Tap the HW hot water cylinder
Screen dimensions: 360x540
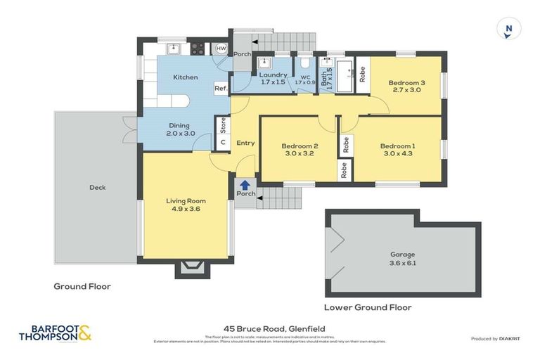[221, 49]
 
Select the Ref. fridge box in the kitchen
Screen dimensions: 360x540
[221, 89]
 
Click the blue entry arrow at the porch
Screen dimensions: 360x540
[245, 185]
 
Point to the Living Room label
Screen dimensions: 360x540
[186, 205]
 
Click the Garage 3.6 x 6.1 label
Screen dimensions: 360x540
[403, 258]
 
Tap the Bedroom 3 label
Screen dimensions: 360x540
[407, 86]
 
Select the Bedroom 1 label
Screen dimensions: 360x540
[397, 150]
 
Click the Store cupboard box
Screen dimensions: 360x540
[223, 125]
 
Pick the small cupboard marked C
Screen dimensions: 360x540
[223, 142]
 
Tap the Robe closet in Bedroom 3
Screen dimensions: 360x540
[362, 74]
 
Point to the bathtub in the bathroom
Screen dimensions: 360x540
[345, 76]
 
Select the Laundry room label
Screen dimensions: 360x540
[273, 78]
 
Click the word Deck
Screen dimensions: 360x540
[97, 188]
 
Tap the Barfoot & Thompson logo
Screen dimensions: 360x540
[56, 332]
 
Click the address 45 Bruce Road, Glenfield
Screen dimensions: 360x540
[270, 328]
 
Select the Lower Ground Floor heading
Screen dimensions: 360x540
[368, 308]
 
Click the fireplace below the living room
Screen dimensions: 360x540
[190, 267]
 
